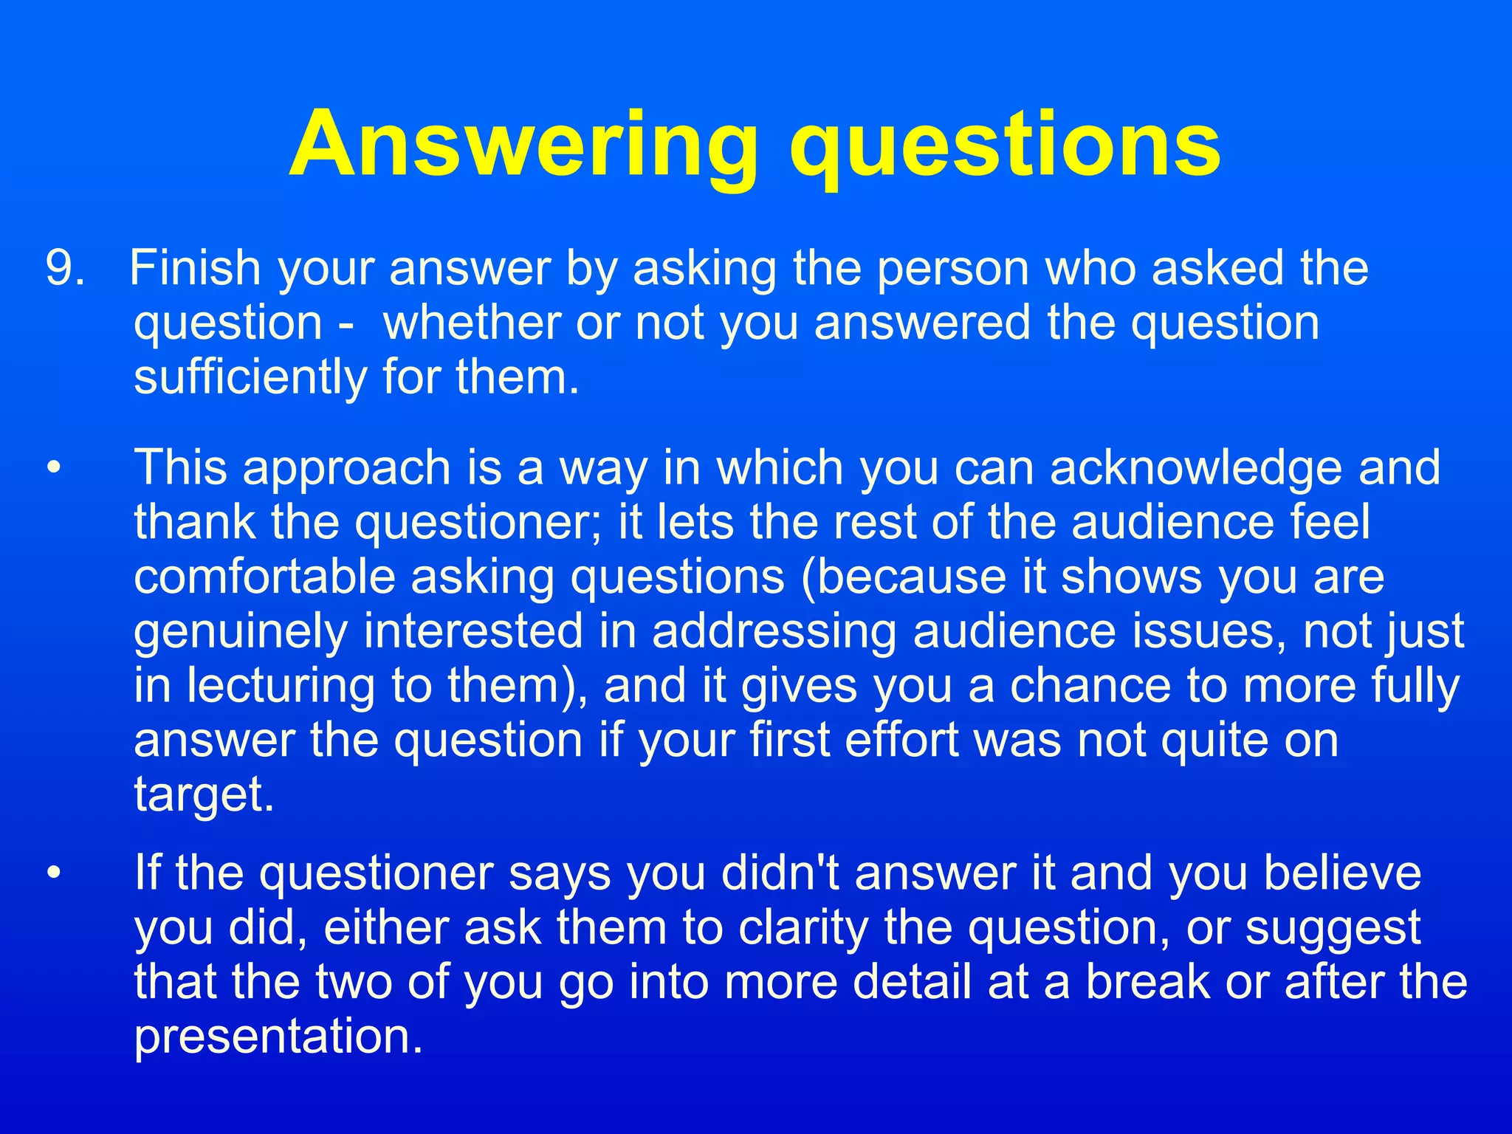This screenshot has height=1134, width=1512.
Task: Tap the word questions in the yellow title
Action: point(1005,145)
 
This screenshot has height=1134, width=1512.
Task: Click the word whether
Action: point(470,323)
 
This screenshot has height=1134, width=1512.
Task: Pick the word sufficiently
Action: point(250,377)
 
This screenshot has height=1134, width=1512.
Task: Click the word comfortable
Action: point(264,577)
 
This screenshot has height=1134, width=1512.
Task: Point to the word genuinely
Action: point(240,632)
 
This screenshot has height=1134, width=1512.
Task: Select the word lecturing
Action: point(280,686)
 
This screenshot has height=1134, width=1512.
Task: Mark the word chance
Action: point(1090,686)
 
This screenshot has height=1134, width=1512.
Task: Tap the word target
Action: point(204,794)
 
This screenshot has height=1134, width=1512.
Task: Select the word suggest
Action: point(1333,928)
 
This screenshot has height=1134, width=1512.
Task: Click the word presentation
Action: point(278,1037)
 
